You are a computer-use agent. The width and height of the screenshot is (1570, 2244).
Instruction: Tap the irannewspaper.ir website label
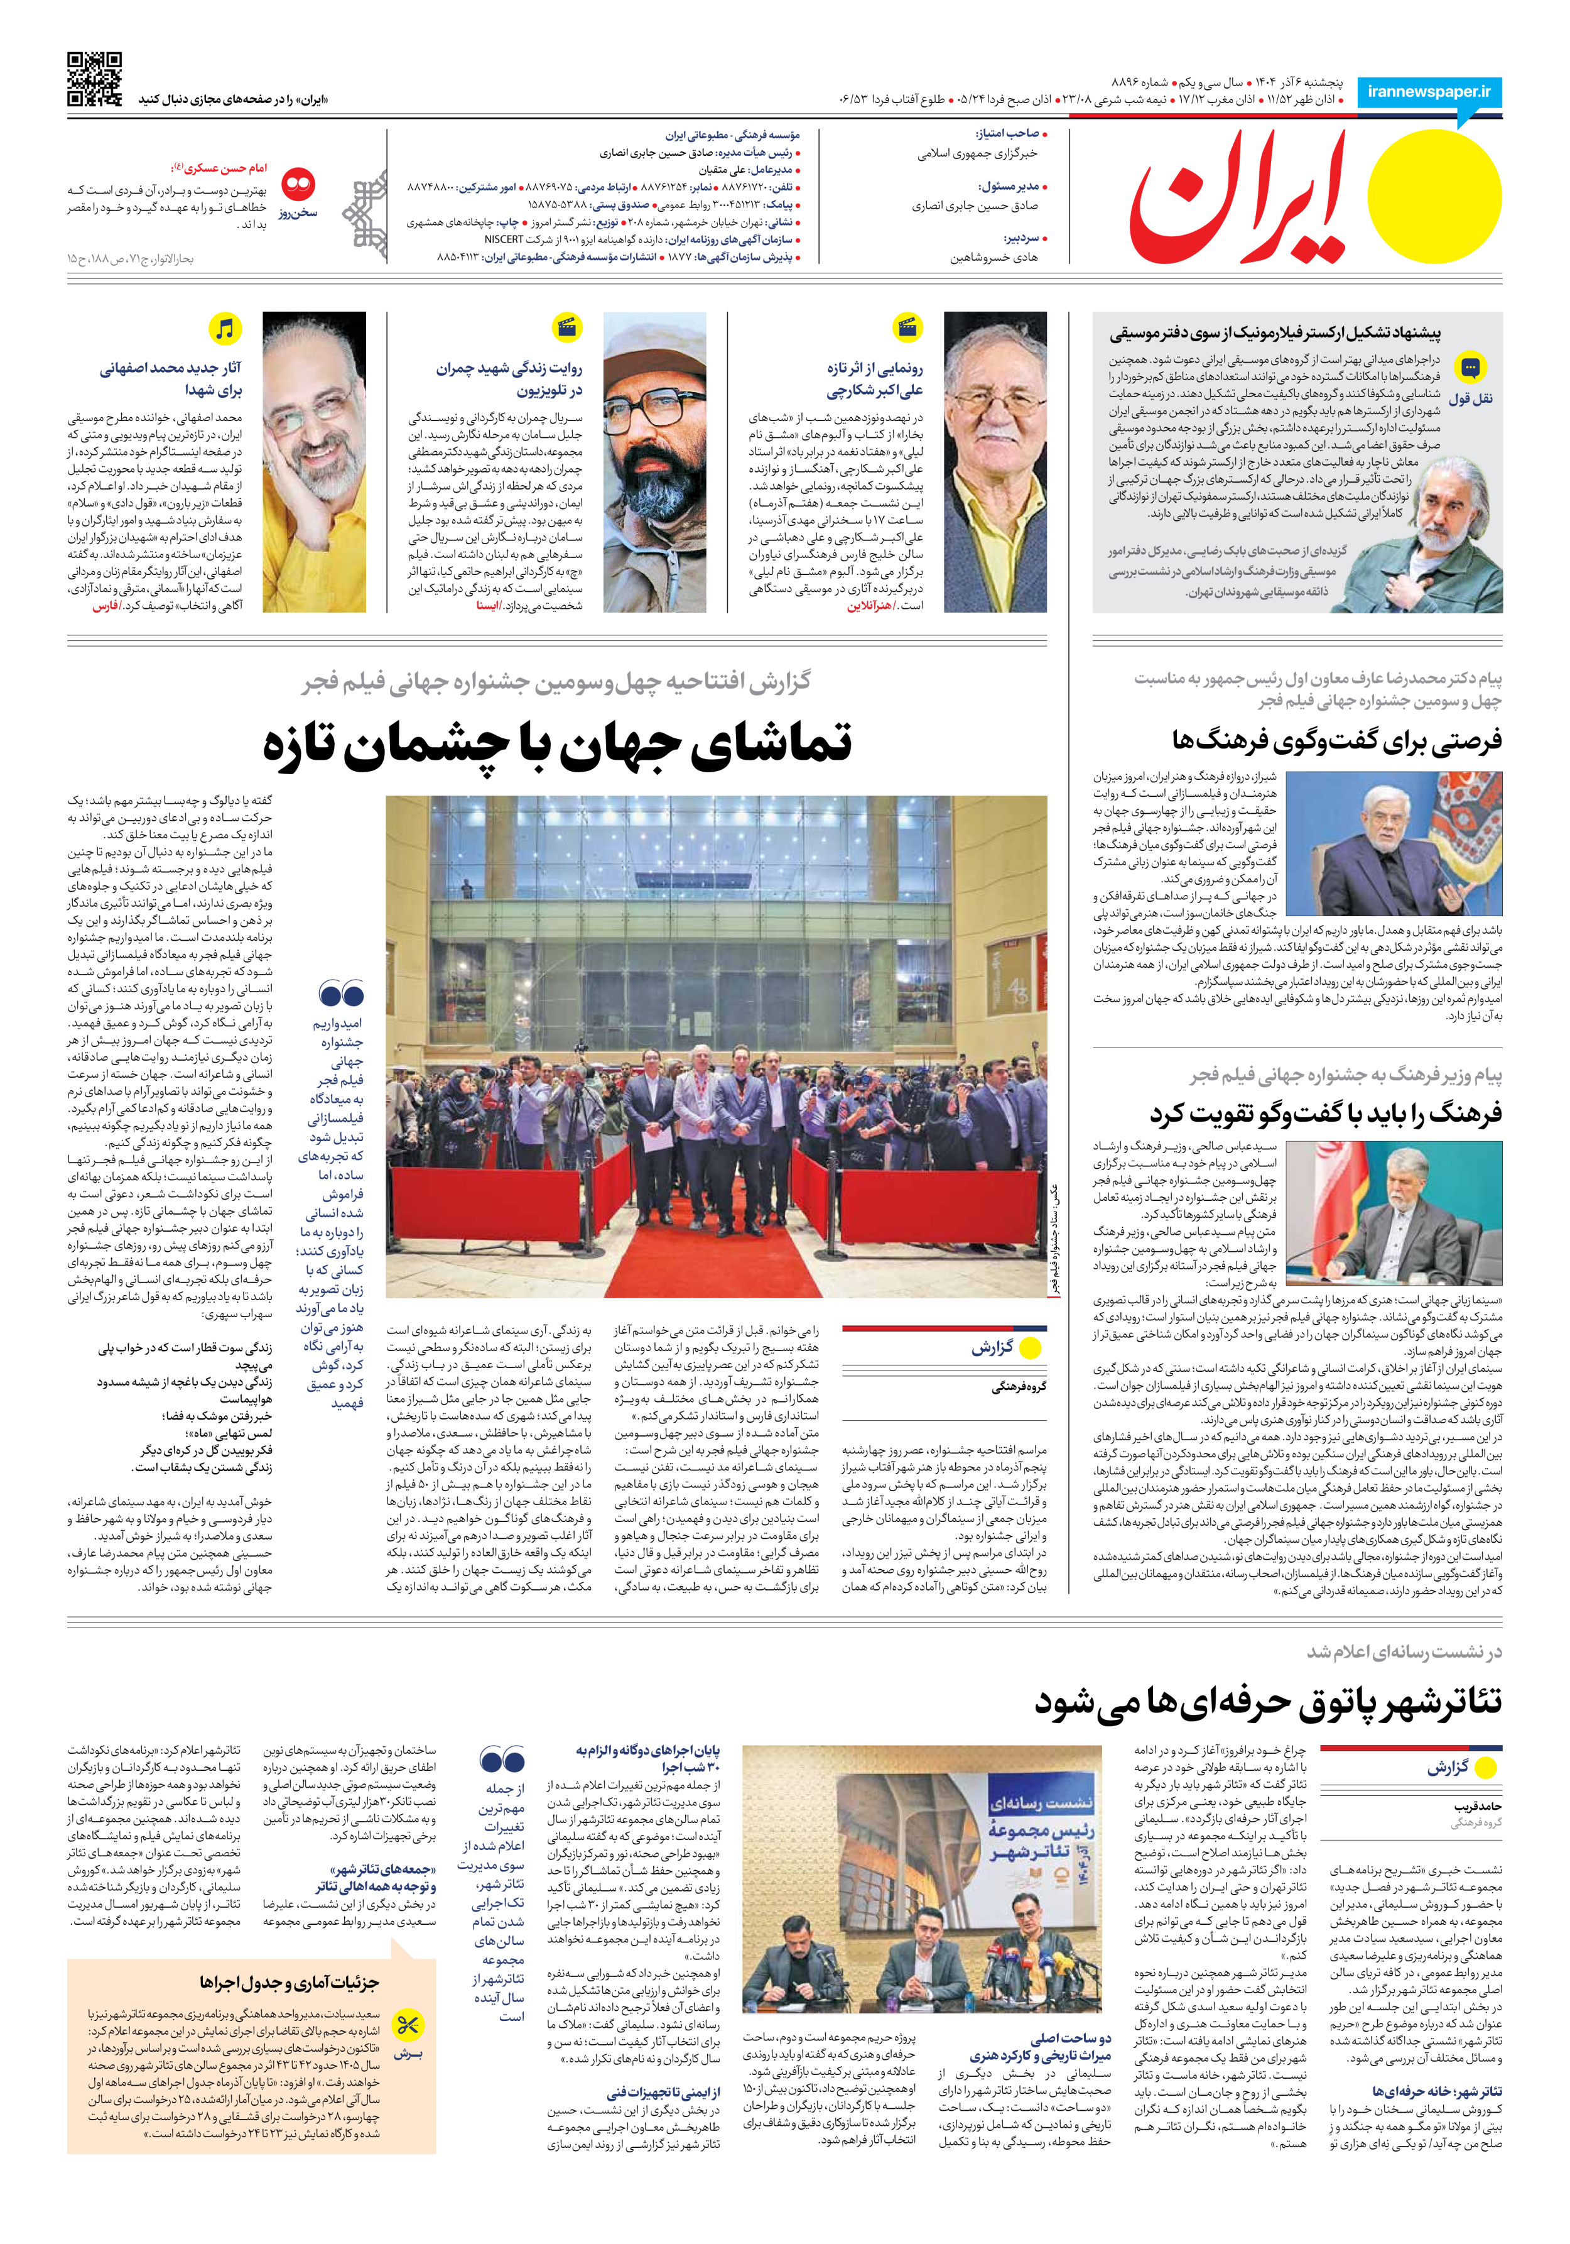point(1428,91)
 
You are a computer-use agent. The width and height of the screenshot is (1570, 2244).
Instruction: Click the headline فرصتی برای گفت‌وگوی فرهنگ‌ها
point(1336,740)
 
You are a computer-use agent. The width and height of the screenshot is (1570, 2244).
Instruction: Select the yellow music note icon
point(225,329)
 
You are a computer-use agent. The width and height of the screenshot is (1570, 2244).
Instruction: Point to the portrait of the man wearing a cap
point(654,461)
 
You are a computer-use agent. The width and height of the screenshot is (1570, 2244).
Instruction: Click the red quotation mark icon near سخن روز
point(298,183)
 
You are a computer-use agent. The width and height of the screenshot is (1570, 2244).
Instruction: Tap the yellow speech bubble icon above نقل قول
point(1470,368)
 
